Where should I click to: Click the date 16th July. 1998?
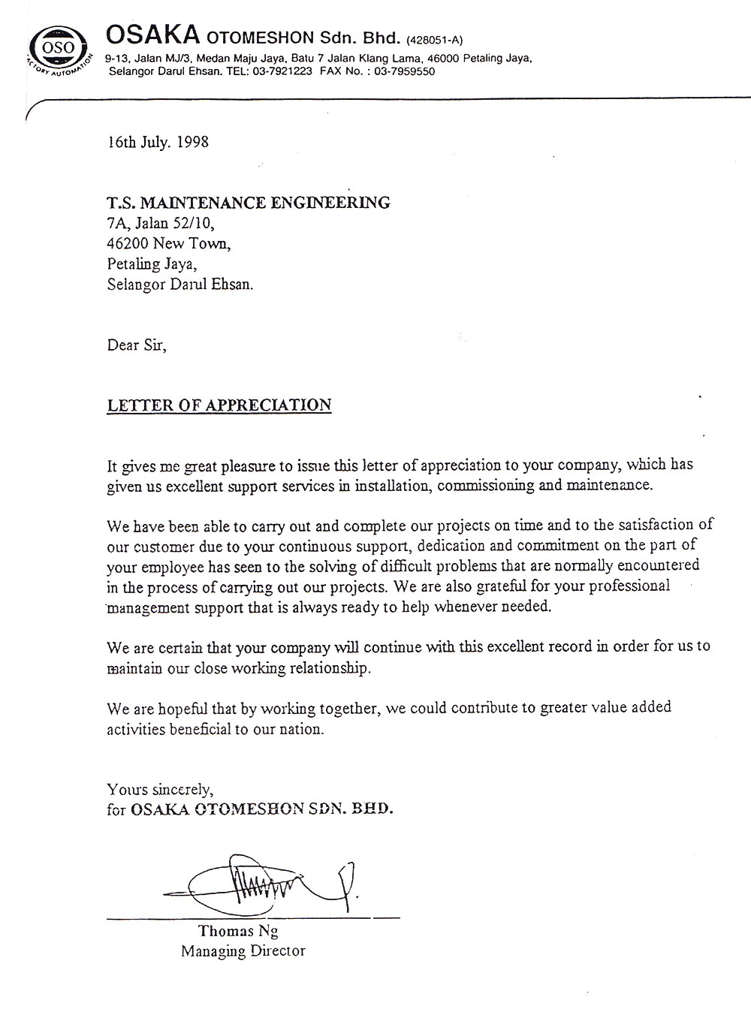click(x=158, y=141)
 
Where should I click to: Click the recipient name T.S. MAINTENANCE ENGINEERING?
click(x=249, y=202)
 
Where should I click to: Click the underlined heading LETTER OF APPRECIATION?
click(x=219, y=405)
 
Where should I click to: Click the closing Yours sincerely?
click(x=160, y=789)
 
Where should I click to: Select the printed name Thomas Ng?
click(x=238, y=931)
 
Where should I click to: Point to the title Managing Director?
click(x=243, y=951)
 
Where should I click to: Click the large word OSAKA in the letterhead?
click(x=152, y=35)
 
